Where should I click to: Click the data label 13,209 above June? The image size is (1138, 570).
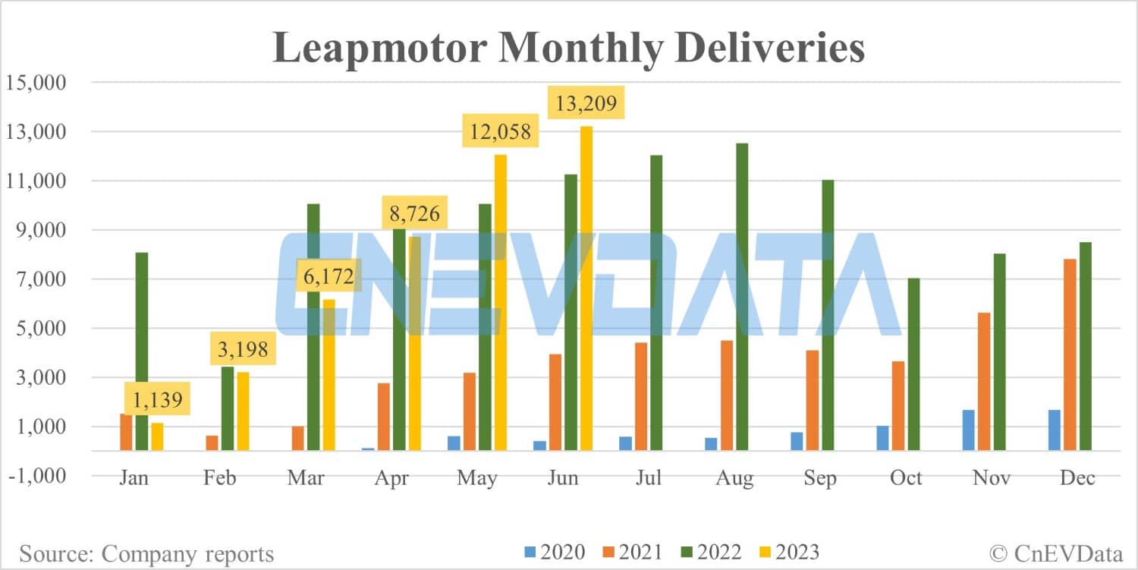pos(586,102)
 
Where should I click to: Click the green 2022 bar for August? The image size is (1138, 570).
pos(741,297)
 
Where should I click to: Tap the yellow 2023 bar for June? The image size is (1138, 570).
pos(586,288)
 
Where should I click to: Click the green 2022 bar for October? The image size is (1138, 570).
pos(913,364)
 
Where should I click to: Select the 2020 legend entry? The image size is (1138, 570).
pos(554,552)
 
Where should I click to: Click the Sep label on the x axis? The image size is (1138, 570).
pos(820,478)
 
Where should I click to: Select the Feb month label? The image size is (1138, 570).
pos(219,478)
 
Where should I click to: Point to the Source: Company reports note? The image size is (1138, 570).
pos(146,553)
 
